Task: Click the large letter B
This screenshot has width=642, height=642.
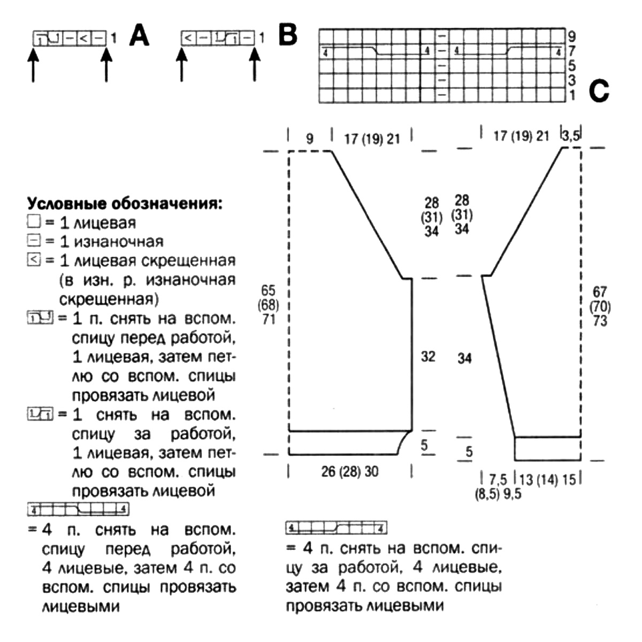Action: pos(288,36)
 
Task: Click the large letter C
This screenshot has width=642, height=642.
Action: pos(599,91)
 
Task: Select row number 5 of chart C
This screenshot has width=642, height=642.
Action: pos(572,66)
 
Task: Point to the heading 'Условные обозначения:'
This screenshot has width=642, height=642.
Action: pos(124,204)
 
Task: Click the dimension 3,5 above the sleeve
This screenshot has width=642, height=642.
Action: pos(571,135)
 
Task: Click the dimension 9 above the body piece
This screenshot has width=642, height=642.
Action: pos(310,139)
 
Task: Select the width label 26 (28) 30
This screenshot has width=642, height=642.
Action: pos(350,471)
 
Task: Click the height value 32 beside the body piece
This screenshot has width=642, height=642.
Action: pos(428,356)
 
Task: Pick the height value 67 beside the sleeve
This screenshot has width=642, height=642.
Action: pos(600,292)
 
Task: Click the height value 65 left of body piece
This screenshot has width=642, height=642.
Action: pos(268,291)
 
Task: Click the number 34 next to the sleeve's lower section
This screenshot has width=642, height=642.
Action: pos(464,358)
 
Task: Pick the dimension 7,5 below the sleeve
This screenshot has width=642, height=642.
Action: pos(498,479)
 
